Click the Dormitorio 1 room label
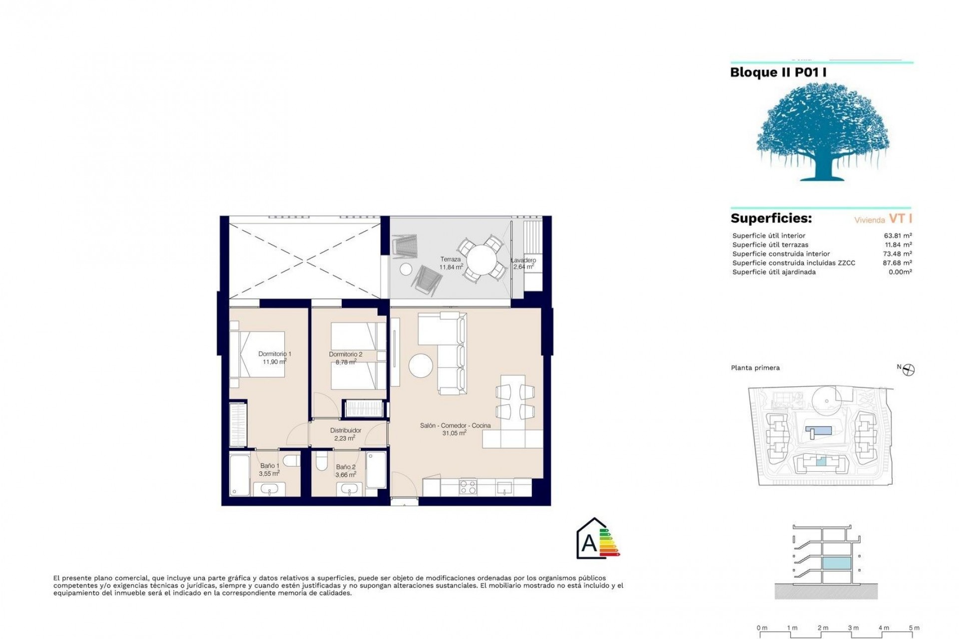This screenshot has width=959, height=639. (275, 354)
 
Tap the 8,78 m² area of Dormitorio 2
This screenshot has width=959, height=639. (346, 362)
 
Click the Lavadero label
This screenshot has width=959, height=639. (523, 260)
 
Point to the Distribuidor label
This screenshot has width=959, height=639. (346, 430)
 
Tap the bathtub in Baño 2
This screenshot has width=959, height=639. (376, 470)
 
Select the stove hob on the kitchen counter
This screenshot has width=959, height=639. (468, 487)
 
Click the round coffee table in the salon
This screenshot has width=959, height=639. (421, 366)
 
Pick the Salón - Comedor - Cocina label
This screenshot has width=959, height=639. (455, 426)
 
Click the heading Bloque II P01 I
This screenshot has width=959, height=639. (778, 72)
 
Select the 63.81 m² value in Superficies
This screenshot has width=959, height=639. (897, 236)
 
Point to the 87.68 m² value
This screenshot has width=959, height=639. (897, 263)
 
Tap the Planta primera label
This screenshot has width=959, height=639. (755, 368)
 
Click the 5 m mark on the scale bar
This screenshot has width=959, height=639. (914, 628)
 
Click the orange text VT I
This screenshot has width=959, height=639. (901, 219)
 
